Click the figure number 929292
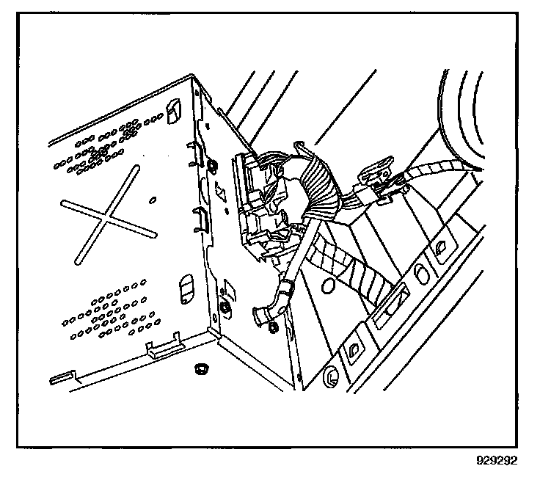(497, 462)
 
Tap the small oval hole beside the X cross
(153, 200)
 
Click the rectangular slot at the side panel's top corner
(173, 110)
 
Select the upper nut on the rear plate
(212, 164)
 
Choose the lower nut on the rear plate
(222, 306)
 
